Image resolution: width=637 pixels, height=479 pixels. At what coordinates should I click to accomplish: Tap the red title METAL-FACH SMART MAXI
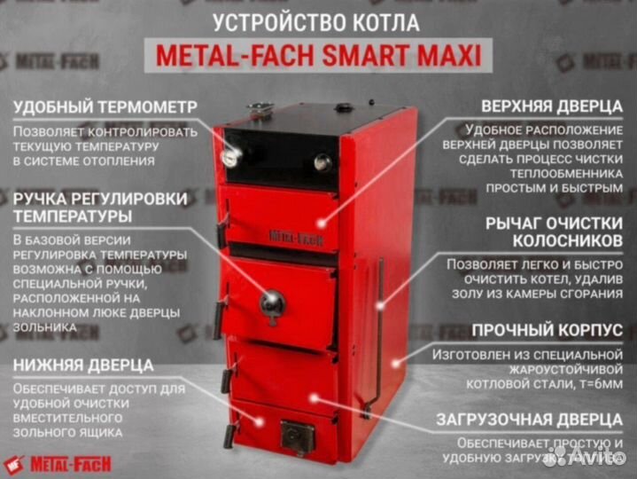pos(319,57)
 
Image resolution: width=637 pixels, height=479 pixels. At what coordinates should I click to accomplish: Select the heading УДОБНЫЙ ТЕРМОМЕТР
pos(105,107)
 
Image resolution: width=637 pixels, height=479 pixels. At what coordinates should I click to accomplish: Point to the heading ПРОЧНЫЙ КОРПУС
pos(547,330)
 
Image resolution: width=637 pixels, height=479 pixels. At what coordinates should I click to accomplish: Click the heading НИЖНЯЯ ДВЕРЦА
pos(83,365)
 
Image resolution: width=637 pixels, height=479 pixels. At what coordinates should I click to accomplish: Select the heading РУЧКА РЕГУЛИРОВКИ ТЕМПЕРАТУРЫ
pos(98,206)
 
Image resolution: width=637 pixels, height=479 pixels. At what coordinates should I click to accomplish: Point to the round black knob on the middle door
pos(272,303)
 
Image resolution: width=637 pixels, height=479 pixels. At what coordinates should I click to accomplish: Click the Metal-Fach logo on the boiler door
pos(296,237)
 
